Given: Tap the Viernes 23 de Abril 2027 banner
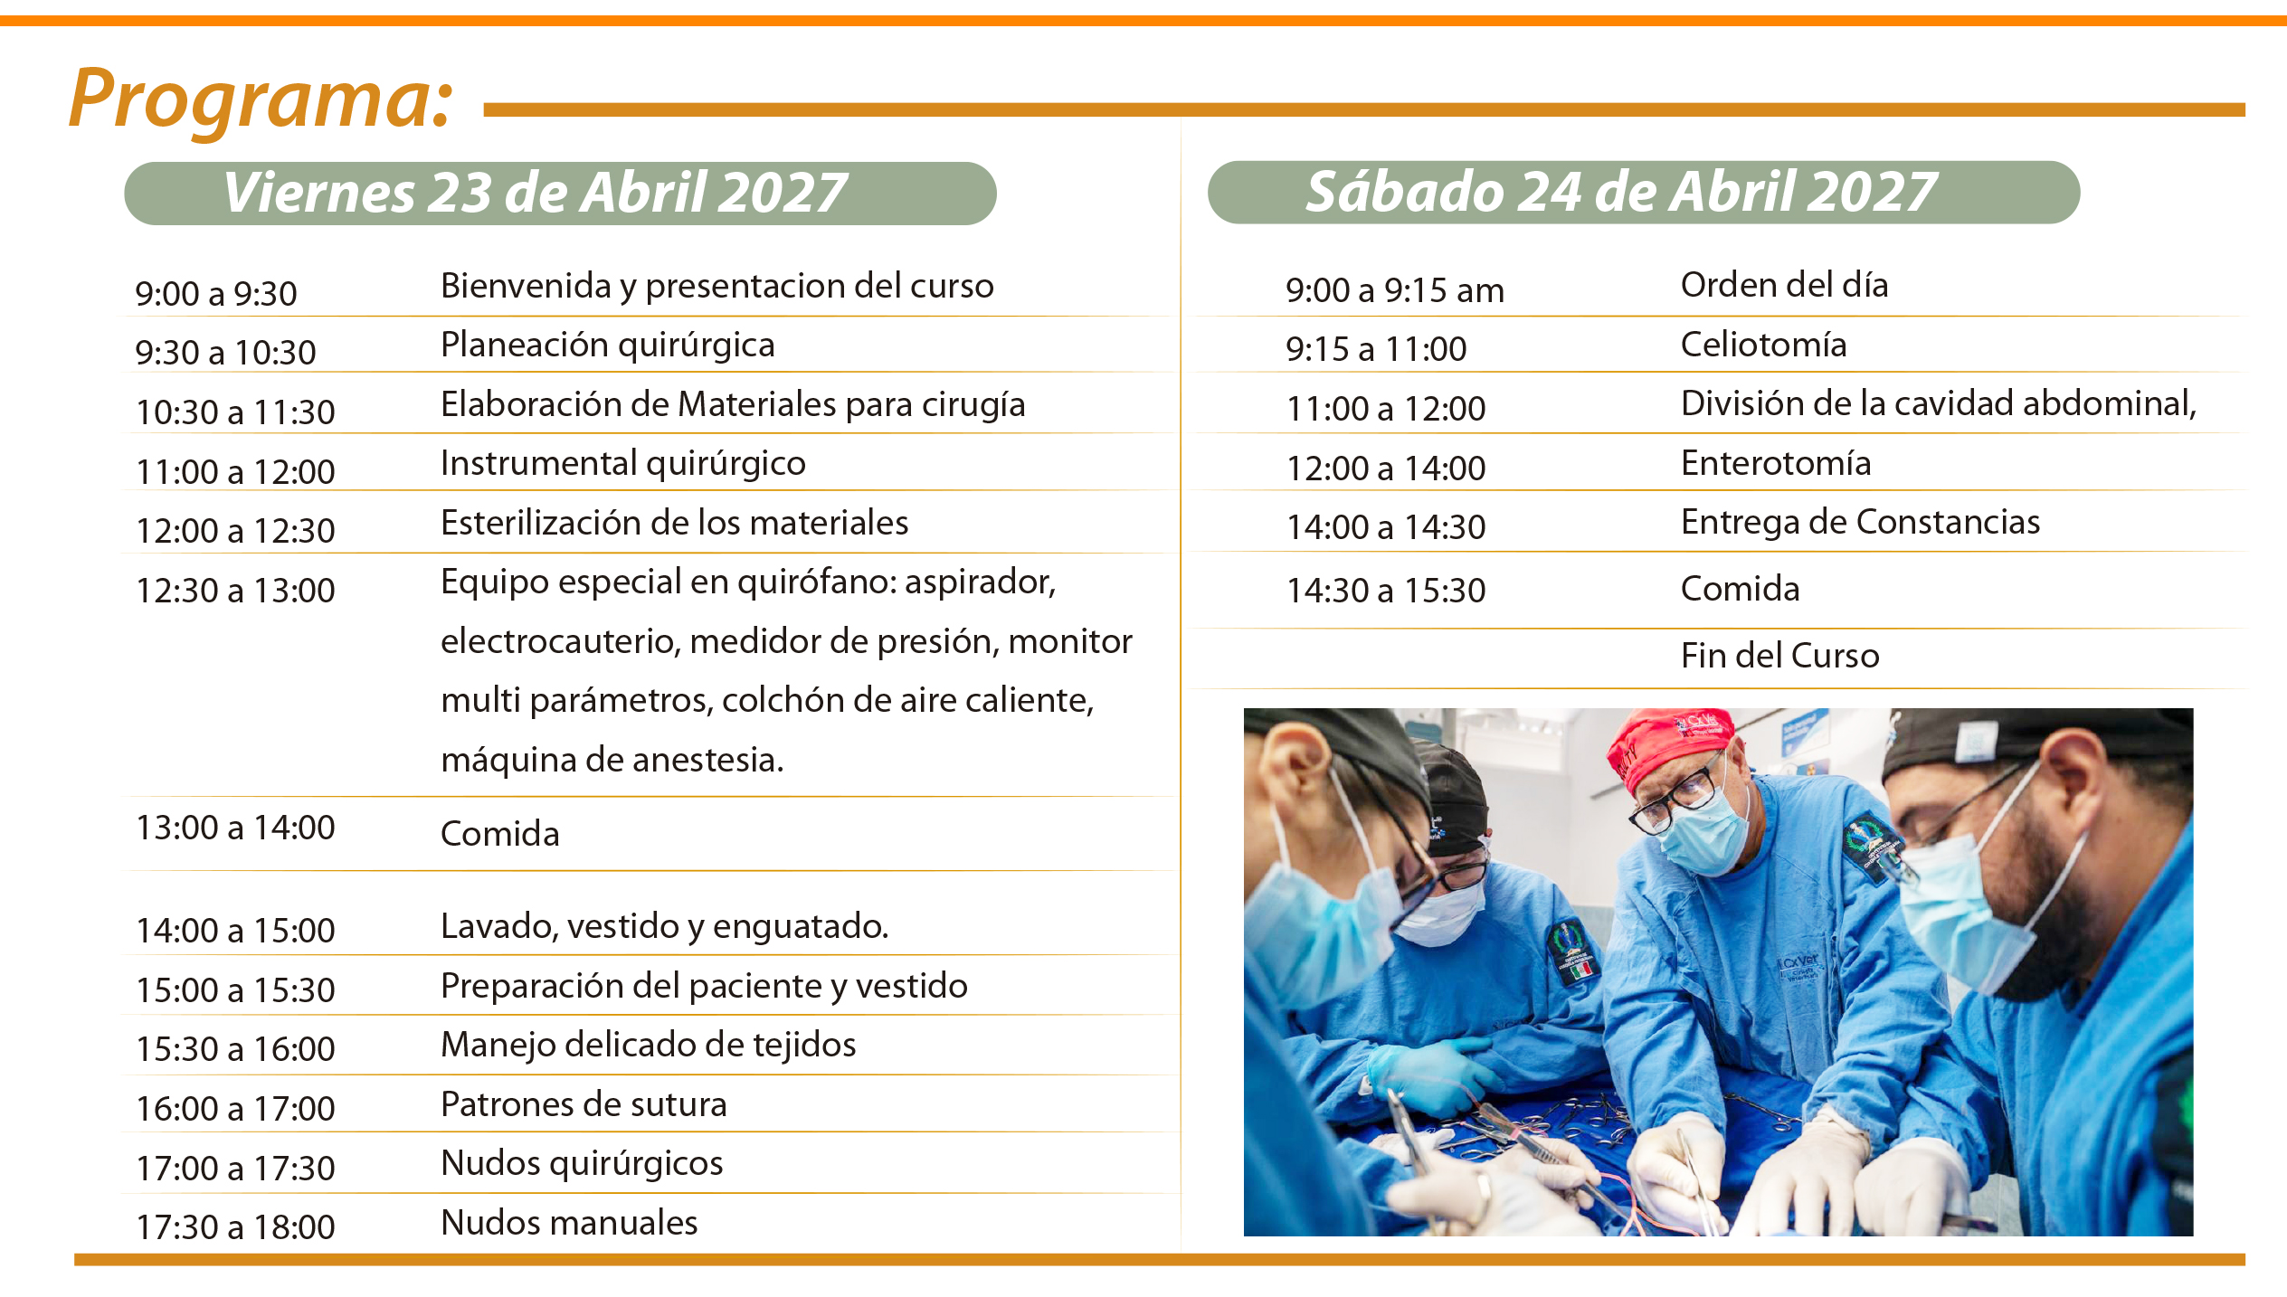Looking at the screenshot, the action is [560, 193].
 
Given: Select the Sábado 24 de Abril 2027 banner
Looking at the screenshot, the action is [1644, 192].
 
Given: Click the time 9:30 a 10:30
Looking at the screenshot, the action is [225, 352].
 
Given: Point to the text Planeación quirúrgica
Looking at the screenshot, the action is [608, 346].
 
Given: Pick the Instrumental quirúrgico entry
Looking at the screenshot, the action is [623, 464].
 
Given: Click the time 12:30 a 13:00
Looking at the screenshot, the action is [235, 590].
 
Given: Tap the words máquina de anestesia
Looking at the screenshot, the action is [612, 760].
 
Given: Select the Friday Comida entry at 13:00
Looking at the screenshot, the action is [500, 833].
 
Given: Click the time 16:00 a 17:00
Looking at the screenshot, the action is [235, 1108].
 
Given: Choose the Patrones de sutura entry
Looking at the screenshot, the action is [584, 1104].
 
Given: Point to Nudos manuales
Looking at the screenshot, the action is [569, 1223].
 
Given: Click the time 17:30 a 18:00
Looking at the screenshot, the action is [235, 1226].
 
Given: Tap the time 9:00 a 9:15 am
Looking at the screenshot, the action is [1395, 289].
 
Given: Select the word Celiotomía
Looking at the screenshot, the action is [1763, 345].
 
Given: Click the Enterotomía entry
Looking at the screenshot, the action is [1776, 463].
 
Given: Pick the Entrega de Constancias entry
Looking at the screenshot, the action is [1860, 522].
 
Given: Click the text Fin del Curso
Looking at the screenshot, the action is [1779, 655].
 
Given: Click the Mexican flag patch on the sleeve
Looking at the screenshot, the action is [1580, 971].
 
